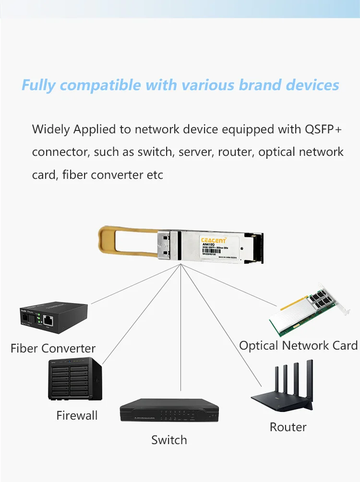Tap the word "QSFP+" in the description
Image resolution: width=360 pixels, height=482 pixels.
pyautogui.click(x=323, y=129)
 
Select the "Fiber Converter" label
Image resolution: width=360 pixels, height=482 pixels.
pyautogui.click(x=53, y=348)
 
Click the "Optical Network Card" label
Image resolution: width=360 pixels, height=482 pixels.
pyautogui.click(x=298, y=345)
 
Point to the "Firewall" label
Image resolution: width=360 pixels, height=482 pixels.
pyautogui.click(x=77, y=415)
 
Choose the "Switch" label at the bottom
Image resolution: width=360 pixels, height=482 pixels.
pyautogui.click(x=169, y=440)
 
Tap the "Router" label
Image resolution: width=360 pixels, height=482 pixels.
pyautogui.click(x=288, y=427)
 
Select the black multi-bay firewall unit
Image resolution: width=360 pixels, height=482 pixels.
pyautogui.click(x=75, y=379)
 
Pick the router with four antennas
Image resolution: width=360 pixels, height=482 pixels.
pyautogui.click(x=283, y=391)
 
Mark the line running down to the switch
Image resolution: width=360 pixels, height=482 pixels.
pyautogui.click(x=181, y=336)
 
